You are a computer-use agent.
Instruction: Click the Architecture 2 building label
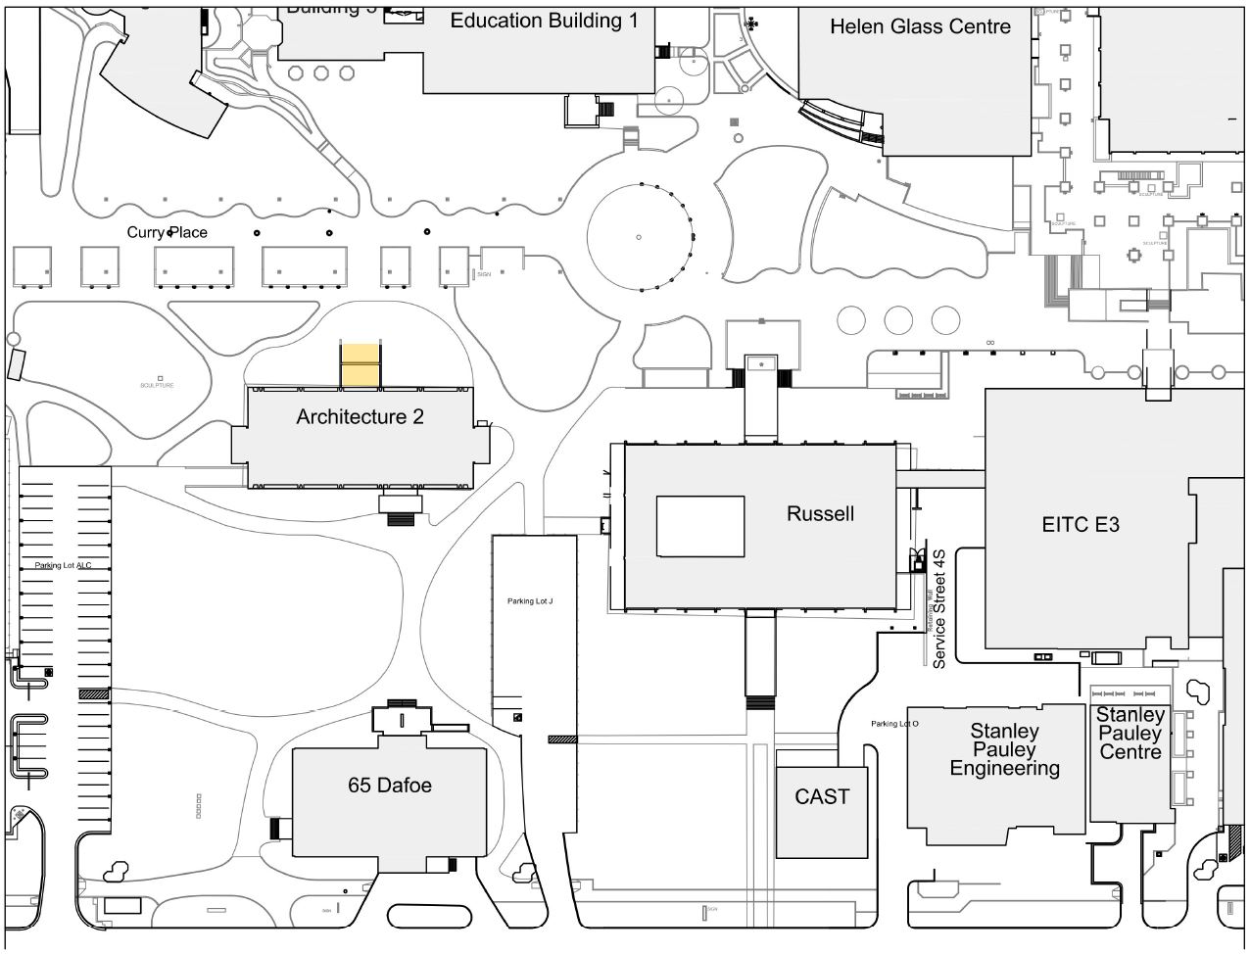360,417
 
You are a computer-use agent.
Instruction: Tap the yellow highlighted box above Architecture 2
360,364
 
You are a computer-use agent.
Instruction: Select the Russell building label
820,513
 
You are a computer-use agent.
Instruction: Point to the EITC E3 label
1081,525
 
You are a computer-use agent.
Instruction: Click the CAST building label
822,797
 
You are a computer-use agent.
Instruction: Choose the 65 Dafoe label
390,786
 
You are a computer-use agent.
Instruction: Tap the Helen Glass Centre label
920,26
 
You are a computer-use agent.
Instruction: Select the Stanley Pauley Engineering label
1004,749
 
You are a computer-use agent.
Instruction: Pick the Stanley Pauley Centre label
1130,734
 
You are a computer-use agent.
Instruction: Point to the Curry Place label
168,232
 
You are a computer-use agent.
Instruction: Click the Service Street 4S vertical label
938,608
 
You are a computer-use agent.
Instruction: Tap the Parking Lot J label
530,601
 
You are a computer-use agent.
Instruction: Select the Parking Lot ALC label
63,566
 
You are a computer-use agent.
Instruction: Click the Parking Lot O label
894,724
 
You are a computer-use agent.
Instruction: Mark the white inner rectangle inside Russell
699,527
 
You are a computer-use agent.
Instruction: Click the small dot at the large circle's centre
638,237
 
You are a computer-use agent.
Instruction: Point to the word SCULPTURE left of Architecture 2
157,386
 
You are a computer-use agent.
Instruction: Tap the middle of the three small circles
898,319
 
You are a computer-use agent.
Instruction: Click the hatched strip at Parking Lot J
562,739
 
